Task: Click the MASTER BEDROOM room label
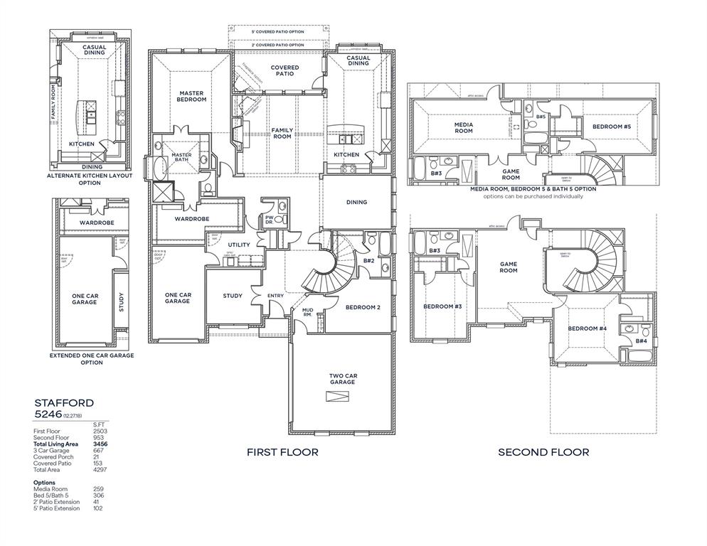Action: [x=192, y=96]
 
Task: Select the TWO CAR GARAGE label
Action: [x=341, y=379]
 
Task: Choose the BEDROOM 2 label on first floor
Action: [x=363, y=307]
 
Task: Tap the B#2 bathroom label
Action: [x=369, y=261]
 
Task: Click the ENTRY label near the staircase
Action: [x=275, y=296]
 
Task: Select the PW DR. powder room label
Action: [x=270, y=220]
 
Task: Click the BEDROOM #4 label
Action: [x=587, y=328]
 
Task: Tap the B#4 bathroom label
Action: [x=641, y=341]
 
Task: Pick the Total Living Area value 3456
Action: [x=100, y=444]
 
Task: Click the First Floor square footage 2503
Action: [x=100, y=431]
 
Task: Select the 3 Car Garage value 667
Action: [x=98, y=450]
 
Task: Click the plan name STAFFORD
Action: [x=63, y=402]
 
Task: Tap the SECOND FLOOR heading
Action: [x=543, y=452]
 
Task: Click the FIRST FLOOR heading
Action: [x=282, y=452]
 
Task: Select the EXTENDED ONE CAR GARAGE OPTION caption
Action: [x=91, y=359]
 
